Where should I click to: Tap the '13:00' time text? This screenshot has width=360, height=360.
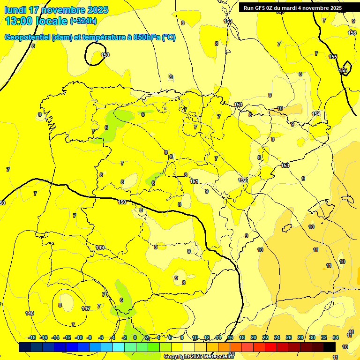20,21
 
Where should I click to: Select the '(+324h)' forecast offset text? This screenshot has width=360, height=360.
83,21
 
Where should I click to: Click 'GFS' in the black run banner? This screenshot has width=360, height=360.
263,8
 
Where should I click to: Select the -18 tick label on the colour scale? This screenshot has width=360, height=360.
32,337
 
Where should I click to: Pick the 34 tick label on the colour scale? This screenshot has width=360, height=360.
336,337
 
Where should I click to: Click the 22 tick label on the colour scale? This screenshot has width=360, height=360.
265,337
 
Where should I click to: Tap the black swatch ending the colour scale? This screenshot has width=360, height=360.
330,347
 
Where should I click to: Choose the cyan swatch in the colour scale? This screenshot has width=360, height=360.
119,347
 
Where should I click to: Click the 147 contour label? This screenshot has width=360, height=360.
86,308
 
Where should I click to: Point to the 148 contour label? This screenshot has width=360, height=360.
30,313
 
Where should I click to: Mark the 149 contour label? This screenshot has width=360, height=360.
100,247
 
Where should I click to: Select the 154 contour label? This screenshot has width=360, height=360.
316,114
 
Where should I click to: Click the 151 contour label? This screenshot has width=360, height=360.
195,181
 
